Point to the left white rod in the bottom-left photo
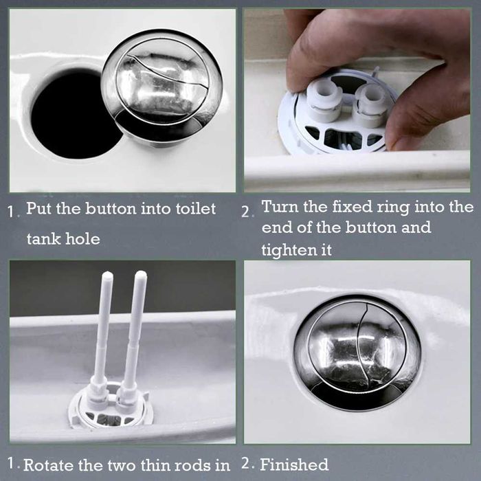click(x=103, y=330)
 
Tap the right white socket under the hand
click(x=372, y=104)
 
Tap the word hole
click(x=84, y=239)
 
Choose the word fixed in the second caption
click(x=355, y=207)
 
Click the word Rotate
click(x=49, y=466)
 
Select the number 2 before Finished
click(x=247, y=465)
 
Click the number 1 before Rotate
click(x=12, y=465)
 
